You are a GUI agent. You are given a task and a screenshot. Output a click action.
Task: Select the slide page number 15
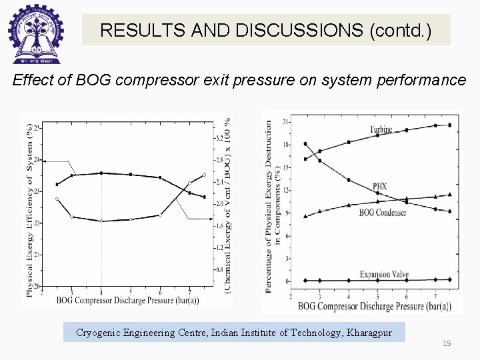[x=447, y=343]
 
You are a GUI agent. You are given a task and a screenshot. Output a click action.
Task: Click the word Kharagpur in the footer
[x=367, y=332]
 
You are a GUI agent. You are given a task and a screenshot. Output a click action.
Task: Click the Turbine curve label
[x=381, y=129]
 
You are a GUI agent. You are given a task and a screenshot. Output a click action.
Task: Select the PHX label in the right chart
[x=379, y=186]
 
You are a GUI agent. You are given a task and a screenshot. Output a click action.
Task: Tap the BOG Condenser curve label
[x=383, y=213]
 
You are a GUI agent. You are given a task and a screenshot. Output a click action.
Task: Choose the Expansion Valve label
[x=384, y=274]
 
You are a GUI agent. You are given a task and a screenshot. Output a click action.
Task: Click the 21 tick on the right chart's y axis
[x=285, y=122]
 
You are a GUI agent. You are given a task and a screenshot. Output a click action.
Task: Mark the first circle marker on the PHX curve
[x=305, y=144]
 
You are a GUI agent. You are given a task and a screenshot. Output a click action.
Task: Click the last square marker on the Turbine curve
[x=449, y=125]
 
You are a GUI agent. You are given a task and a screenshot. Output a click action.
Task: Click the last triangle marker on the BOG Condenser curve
[x=449, y=195]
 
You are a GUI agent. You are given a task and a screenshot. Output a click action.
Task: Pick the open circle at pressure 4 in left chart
[x=101, y=221]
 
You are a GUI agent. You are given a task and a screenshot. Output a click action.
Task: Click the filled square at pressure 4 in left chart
[x=101, y=173]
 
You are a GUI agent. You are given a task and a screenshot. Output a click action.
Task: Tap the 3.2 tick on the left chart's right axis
[x=219, y=138]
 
